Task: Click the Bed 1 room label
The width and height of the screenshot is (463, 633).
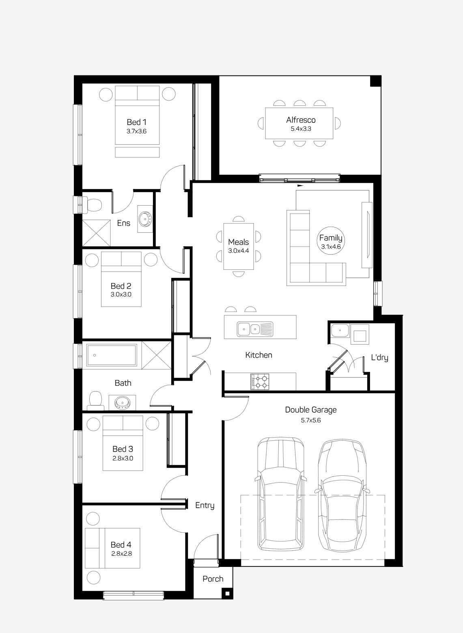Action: [x=136, y=122]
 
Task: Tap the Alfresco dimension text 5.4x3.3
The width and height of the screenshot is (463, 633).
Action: [x=301, y=129]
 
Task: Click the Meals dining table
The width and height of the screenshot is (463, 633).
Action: [x=239, y=246]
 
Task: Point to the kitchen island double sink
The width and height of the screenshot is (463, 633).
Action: [x=249, y=328]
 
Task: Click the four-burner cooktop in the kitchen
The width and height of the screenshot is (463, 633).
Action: [x=260, y=382]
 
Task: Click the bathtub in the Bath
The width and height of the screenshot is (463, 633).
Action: [x=111, y=356]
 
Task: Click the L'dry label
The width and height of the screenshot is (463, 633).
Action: [x=379, y=358]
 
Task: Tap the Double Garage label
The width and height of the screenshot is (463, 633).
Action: [x=310, y=410]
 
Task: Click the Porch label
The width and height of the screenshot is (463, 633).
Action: [x=213, y=579]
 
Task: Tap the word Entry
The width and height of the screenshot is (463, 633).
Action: [x=205, y=505]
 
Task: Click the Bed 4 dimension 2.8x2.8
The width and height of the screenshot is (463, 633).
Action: [x=121, y=553]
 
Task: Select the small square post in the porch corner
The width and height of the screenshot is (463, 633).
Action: [x=227, y=594]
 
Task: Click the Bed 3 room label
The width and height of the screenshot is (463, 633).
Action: [x=123, y=449]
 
